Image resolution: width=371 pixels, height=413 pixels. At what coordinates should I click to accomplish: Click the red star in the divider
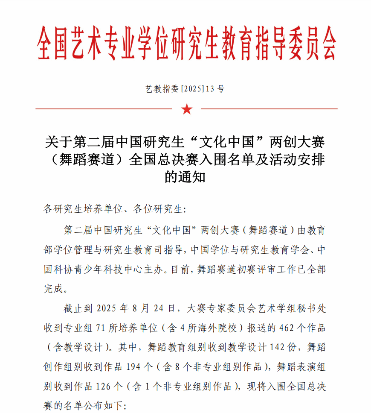[187, 109]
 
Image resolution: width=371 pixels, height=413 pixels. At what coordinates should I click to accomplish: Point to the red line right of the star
[269, 109]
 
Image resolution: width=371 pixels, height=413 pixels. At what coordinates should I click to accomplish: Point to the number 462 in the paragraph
[287, 328]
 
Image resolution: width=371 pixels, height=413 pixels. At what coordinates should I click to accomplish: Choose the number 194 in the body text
[136, 366]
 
